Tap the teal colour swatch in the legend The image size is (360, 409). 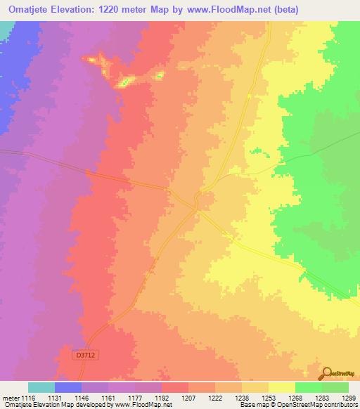(41, 387)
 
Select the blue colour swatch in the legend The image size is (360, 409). (68, 387)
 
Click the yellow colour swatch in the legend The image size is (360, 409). (282, 387)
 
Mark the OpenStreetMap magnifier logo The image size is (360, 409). (327, 372)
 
